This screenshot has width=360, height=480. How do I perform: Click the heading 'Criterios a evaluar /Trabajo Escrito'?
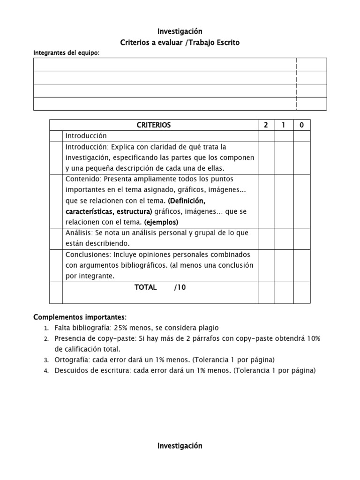pyautogui.click(x=180, y=43)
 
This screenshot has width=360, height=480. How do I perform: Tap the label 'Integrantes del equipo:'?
pyautogui.click(x=66, y=53)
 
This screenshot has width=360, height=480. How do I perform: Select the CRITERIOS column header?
pyautogui.click(x=154, y=125)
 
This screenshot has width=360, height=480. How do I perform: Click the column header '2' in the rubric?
pyautogui.click(x=266, y=125)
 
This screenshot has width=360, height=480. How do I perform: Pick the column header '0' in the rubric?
pyautogui.click(x=301, y=125)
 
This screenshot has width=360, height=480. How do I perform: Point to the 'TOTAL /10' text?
pyautogui.click(x=160, y=287)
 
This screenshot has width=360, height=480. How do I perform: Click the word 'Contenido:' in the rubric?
pyautogui.click(x=83, y=179)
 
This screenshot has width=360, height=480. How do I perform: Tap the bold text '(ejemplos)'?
pyautogui.click(x=161, y=222)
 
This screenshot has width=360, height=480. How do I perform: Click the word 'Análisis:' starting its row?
pyautogui.click(x=79, y=233)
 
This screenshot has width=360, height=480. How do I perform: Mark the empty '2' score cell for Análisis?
pyautogui.click(x=266, y=239)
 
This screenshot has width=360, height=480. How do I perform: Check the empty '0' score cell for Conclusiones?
pyautogui.click(x=301, y=265)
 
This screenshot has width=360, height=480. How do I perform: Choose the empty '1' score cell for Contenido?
pyautogui.click(x=284, y=201)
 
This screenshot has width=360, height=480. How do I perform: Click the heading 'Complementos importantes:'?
pyautogui.click(x=80, y=317)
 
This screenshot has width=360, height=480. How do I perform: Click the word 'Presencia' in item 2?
pyautogui.click(x=69, y=338)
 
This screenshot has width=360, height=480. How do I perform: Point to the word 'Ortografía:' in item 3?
pyautogui.click(x=72, y=360)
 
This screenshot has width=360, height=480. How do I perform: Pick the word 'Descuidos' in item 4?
pyautogui.click(x=70, y=371)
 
